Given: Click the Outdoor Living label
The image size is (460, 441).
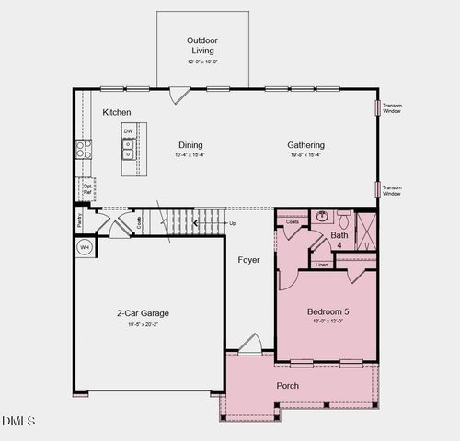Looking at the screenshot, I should (x=202, y=46).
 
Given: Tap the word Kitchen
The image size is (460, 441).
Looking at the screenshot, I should (x=117, y=112).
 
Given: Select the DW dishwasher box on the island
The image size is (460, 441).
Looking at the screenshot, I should (x=129, y=131).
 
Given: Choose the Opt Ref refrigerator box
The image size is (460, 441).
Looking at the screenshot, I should (x=86, y=188).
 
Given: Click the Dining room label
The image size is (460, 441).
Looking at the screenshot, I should (x=190, y=145).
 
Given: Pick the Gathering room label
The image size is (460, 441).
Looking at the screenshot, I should (x=305, y=145).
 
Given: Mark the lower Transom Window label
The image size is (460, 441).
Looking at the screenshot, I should (x=392, y=190).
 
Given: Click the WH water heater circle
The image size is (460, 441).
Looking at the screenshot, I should (x=84, y=247).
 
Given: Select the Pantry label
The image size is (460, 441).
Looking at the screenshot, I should (x=80, y=220).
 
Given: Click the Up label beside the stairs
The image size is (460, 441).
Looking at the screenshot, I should (x=232, y=223).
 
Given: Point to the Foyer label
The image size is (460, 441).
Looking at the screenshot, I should (x=248, y=260).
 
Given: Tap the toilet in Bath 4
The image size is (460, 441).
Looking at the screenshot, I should (x=343, y=220).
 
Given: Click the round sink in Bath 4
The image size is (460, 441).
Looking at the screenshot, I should (x=323, y=218).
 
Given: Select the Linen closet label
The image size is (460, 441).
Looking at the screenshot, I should (x=321, y=265).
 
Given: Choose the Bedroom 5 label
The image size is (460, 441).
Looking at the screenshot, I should (x=328, y=311).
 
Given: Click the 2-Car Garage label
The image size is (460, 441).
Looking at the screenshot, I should (x=143, y=313).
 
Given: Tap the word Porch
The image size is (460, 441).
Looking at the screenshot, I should (x=288, y=385).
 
